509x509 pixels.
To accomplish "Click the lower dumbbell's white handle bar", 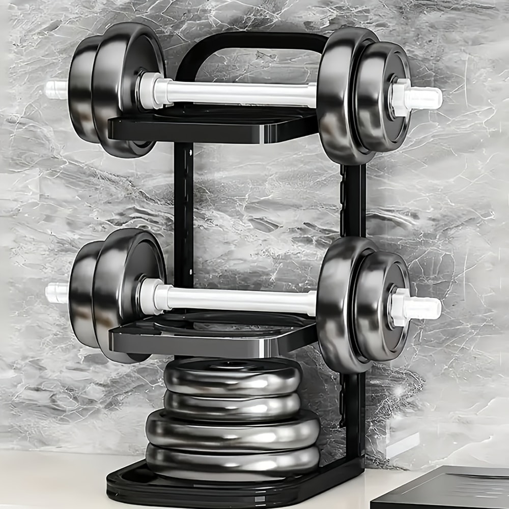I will (x=239, y=300).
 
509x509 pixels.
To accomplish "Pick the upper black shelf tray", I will (x=214, y=127).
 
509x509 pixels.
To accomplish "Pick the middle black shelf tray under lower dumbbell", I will (x=214, y=338).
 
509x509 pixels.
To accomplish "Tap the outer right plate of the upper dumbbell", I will (x=382, y=97).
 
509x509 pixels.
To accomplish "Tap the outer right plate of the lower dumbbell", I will (x=382, y=305).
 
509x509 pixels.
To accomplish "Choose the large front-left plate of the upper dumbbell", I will (x=125, y=92).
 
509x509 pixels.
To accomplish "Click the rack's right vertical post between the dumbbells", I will (x=353, y=204).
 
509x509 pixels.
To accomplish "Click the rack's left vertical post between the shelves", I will (x=183, y=214).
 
